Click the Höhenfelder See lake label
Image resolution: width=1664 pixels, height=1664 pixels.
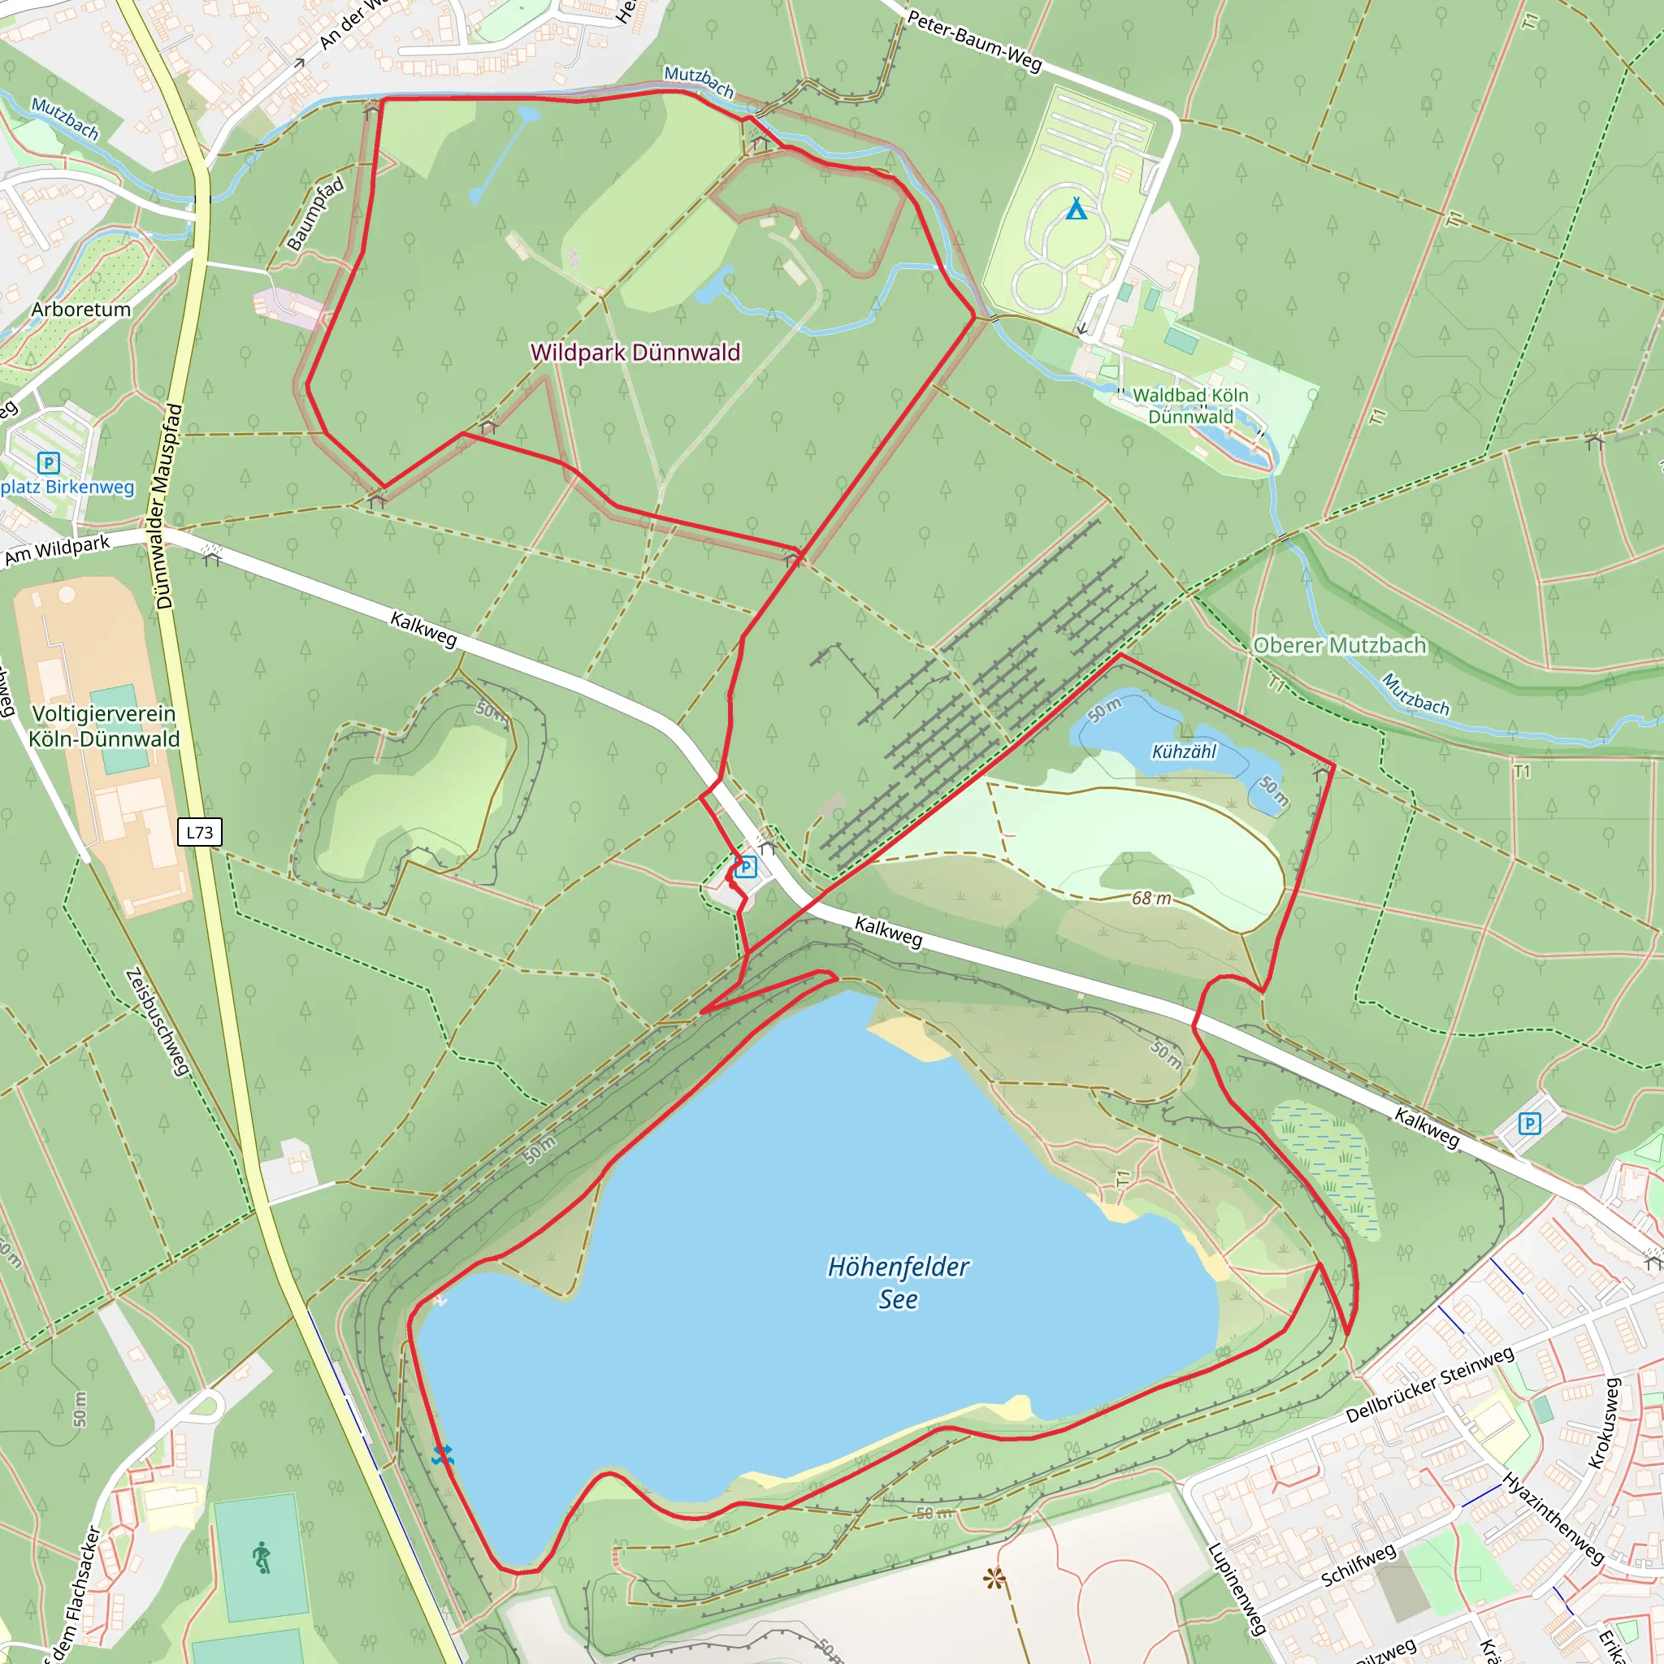898,1282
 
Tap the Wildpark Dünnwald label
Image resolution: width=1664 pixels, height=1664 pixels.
635,353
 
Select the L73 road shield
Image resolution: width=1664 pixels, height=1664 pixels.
200,832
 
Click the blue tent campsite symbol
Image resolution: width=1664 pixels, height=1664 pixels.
1076,209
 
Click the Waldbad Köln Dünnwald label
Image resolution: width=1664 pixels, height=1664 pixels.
1190,405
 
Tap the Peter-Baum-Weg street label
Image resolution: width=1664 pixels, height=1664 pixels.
974,41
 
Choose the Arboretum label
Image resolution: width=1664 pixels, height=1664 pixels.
81,310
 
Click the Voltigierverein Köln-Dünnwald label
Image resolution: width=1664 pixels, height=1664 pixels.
104,726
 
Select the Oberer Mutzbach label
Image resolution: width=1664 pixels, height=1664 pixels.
1339,645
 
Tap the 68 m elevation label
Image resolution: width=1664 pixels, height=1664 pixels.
1151,899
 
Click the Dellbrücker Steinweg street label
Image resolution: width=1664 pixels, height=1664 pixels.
1429,1385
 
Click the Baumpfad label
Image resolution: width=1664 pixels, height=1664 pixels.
315,214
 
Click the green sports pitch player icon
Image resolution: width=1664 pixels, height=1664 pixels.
262,1558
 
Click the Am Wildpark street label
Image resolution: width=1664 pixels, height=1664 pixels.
57,550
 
